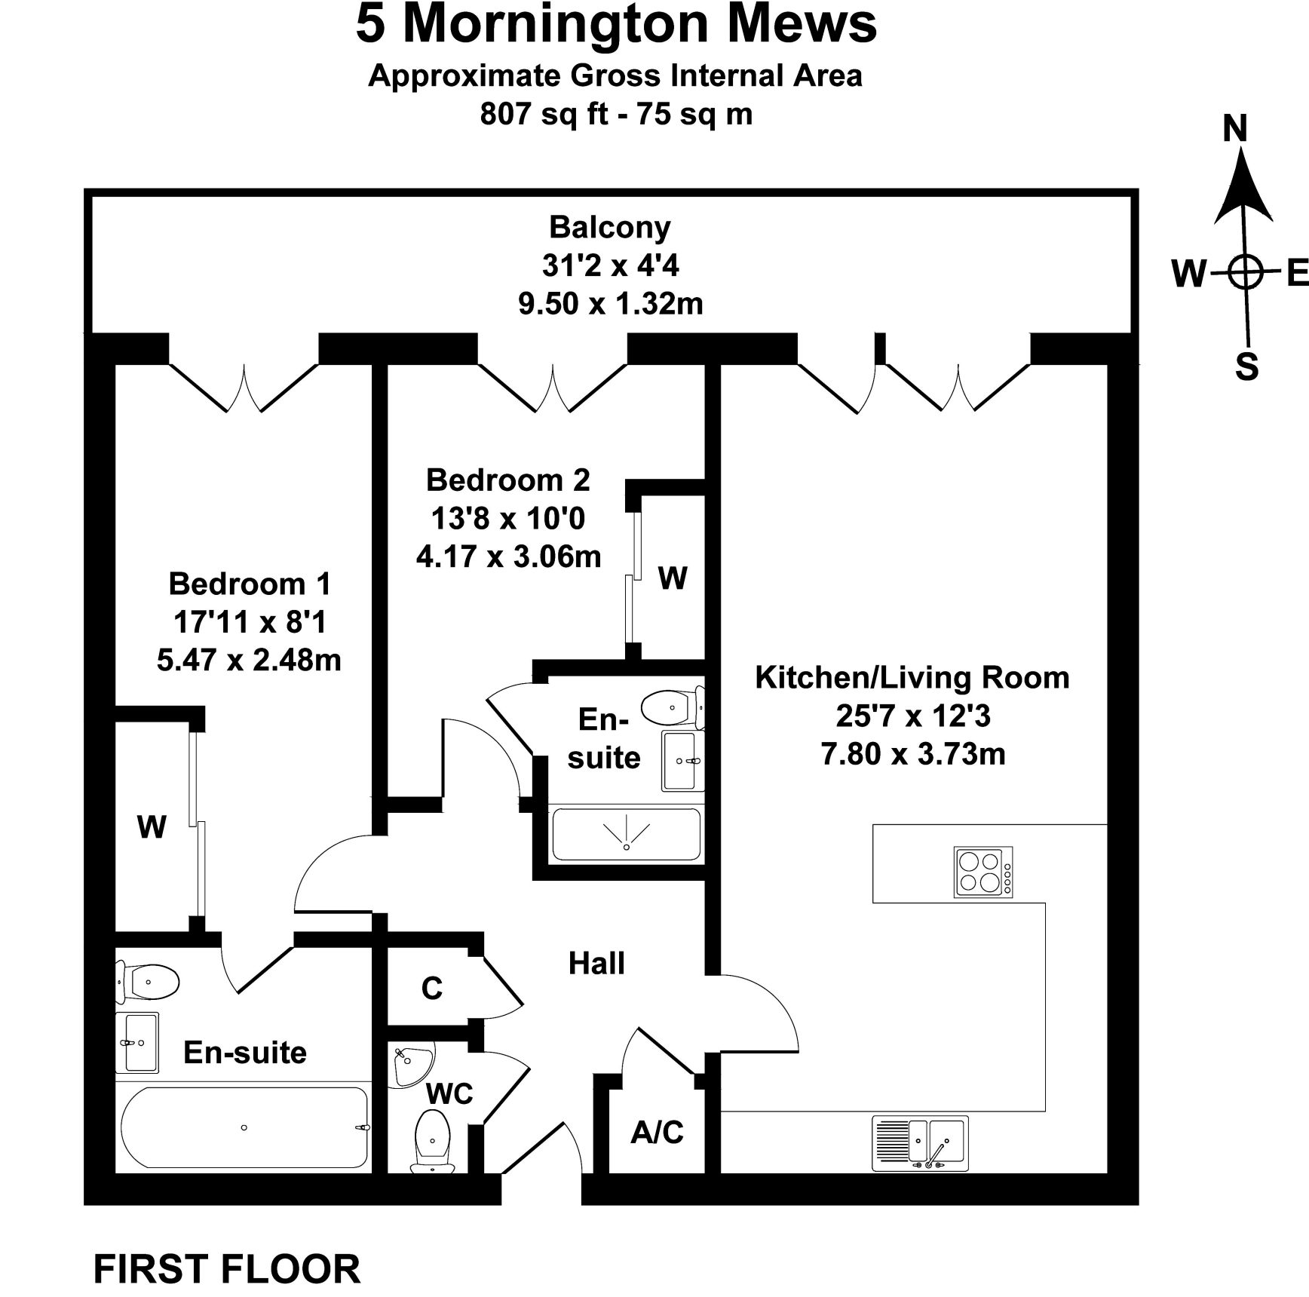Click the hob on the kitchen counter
pos(983,872)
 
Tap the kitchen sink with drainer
pos(920,1142)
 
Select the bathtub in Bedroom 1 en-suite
pos(244,1127)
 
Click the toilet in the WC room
pos(433,1140)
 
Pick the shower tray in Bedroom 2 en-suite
pos(627,835)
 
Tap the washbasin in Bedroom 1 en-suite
pos(139,1042)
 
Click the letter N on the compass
pos(1235,128)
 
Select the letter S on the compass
pos(1246,366)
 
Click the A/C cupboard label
pos(657,1133)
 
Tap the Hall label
pos(596,964)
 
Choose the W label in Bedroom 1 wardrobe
pos(152,827)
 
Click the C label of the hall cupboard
pos(432,988)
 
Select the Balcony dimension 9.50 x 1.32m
pos(610,304)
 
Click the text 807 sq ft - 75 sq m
pos(616,115)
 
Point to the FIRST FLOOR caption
pos(226,1270)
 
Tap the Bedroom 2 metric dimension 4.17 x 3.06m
pos(508,557)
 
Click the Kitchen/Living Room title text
pos(912,678)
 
